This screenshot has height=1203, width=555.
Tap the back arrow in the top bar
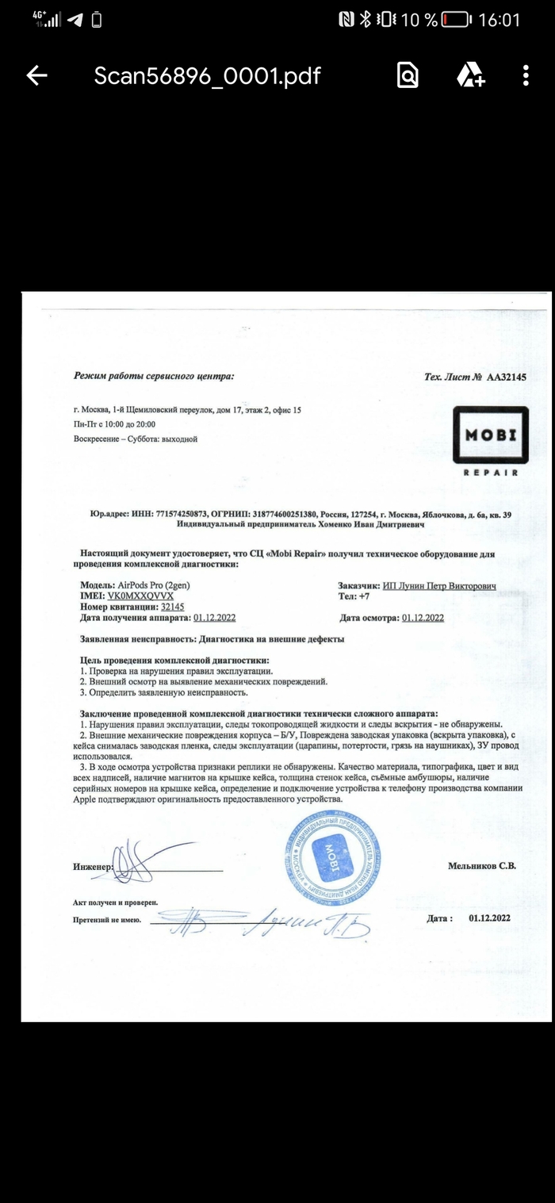coord(36,76)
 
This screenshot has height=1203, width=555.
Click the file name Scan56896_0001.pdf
coord(207,76)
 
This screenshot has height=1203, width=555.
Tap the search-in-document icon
coord(408,76)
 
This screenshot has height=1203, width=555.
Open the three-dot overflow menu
coord(526,76)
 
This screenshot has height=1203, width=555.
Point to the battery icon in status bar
coord(457,20)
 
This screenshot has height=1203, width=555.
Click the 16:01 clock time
coord(499,20)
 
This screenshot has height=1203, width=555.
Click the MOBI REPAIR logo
coord(490,440)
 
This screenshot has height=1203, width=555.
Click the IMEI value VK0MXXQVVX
coord(140,595)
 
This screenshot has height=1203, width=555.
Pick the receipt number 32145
coord(173,606)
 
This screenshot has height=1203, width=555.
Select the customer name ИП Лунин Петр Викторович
coord(439,585)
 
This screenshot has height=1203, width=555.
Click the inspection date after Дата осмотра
coord(423,618)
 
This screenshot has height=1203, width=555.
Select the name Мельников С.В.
coord(482,866)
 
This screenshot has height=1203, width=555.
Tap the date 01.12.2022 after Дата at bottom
coord(489,918)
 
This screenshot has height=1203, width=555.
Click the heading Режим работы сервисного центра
coord(154,377)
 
